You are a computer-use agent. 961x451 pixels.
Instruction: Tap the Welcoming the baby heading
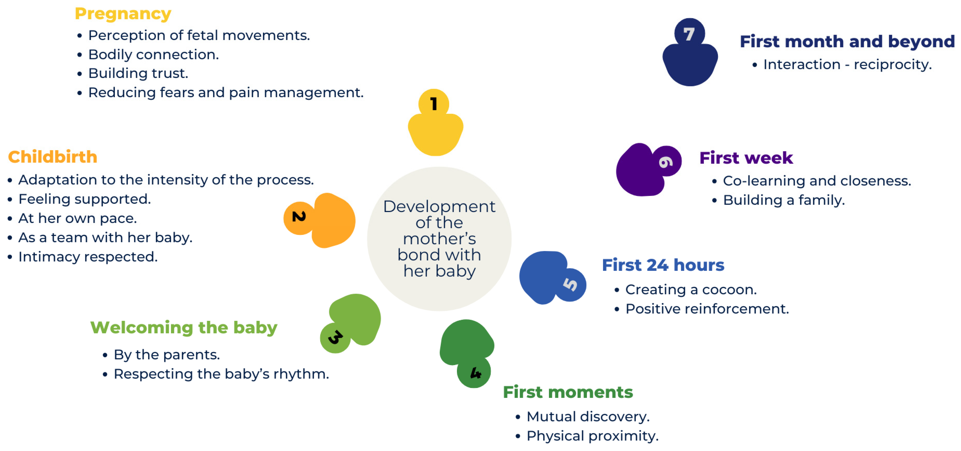(184, 327)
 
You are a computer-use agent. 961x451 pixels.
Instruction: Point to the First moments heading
(567, 392)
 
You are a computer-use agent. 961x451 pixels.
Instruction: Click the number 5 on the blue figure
(570, 284)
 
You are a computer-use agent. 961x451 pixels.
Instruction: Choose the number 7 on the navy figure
(689, 34)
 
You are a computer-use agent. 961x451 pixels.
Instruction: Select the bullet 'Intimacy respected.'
(88, 257)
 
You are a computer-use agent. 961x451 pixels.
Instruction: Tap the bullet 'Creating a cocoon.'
(691, 290)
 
